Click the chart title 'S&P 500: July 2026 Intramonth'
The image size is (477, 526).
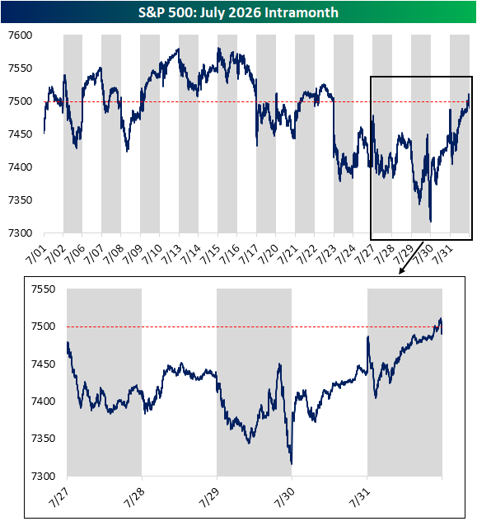click(x=238, y=12)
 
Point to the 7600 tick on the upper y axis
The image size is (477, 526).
click(x=20, y=35)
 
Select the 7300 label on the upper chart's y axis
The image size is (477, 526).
click(x=20, y=233)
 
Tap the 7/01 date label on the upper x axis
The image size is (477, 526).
click(x=36, y=255)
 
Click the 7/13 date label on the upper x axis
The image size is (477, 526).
click(x=171, y=255)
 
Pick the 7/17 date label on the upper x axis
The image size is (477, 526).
click(x=249, y=255)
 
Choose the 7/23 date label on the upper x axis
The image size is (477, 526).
click(x=325, y=255)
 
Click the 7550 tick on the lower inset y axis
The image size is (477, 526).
click(x=43, y=289)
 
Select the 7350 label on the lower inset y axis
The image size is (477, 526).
click(x=43, y=439)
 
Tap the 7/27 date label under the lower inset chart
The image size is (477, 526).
click(x=58, y=498)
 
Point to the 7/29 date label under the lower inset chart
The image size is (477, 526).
click(x=208, y=498)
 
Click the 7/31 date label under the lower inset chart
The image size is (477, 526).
click(x=359, y=498)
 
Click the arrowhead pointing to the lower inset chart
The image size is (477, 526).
click(x=401, y=271)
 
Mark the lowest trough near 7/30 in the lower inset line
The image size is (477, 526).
click(x=292, y=464)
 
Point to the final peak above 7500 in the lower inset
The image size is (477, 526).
click(x=441, y=318)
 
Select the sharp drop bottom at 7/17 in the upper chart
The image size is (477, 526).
click(x=257, y=146)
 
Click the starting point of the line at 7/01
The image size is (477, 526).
click(x=44, y=134)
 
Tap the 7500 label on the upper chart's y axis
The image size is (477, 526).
click(x=20, y=101)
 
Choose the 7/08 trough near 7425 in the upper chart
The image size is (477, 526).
click(x=127, y=151)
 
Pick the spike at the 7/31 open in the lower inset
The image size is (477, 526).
click(x=368, y=336)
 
